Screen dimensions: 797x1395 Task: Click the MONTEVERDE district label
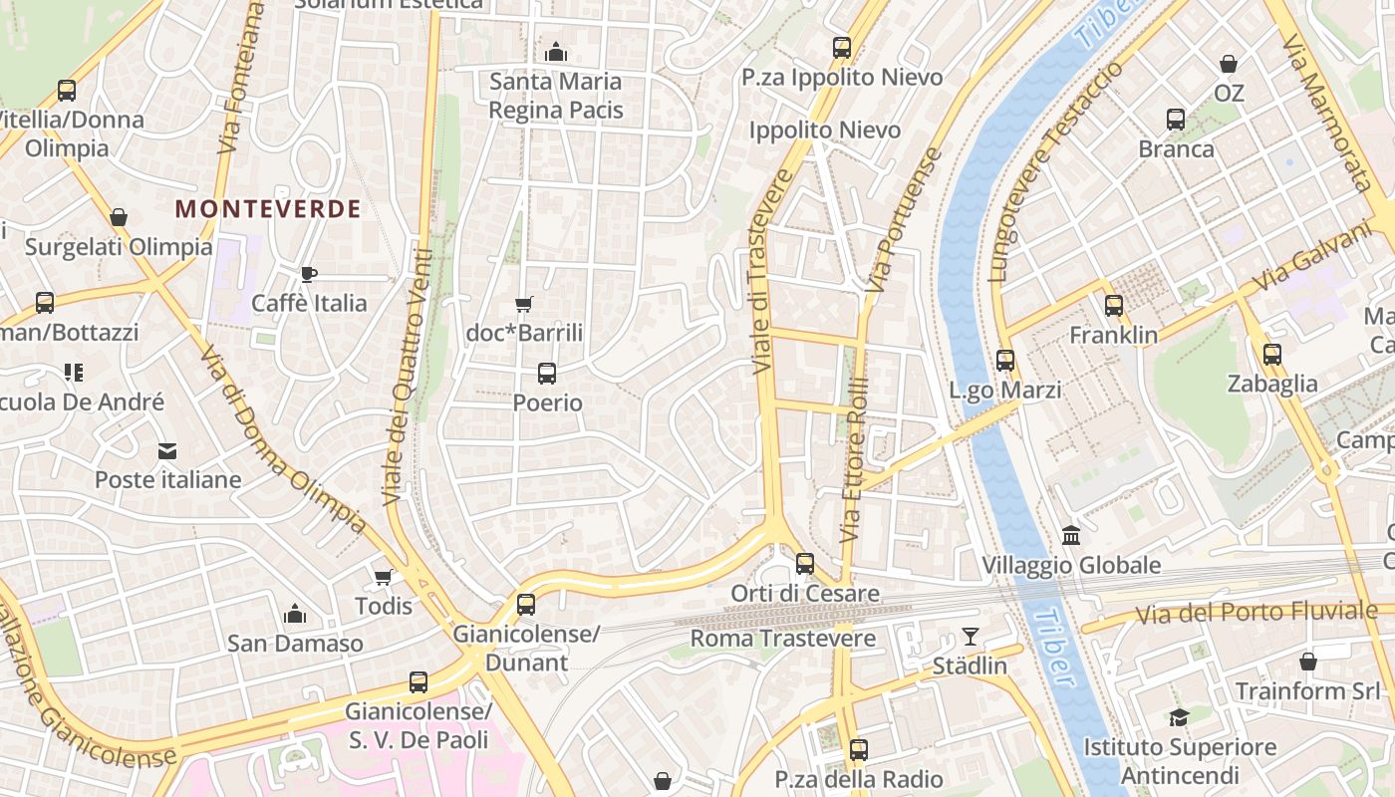click(x=268, y=209)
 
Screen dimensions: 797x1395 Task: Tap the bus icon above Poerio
click(x=547, y=374)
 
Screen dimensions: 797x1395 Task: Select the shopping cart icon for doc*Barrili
click(x=524, y=304)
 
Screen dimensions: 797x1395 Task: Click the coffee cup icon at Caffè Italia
click(x=309, y=274)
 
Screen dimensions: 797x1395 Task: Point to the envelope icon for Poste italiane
click(x=167, y=451)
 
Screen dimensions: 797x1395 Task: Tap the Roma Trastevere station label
click(x=783, y=639)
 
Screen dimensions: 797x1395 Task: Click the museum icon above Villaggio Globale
click(x=1071, y=536)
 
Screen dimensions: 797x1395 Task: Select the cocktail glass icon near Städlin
click(x=971, y=636)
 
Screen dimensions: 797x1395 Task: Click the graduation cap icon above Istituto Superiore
click(x=1179, y=717)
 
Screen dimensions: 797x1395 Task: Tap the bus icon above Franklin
click(x=1114, y=306)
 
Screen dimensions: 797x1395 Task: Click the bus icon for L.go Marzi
click(x=1005, y=361)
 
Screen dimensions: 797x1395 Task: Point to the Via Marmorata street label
click(x=1327, y=112)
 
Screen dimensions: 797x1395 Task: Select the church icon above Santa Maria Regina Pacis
click(x=556, y=52)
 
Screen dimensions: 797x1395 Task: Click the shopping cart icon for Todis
click(x=384, y=577)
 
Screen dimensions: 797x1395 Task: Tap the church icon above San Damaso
click(x=295, y=614)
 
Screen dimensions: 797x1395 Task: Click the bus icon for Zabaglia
click(x=1272, y=354)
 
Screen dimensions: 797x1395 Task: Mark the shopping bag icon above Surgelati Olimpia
click(x=119, y=217)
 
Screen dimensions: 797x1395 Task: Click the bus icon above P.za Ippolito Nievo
click(x=842, y=47)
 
